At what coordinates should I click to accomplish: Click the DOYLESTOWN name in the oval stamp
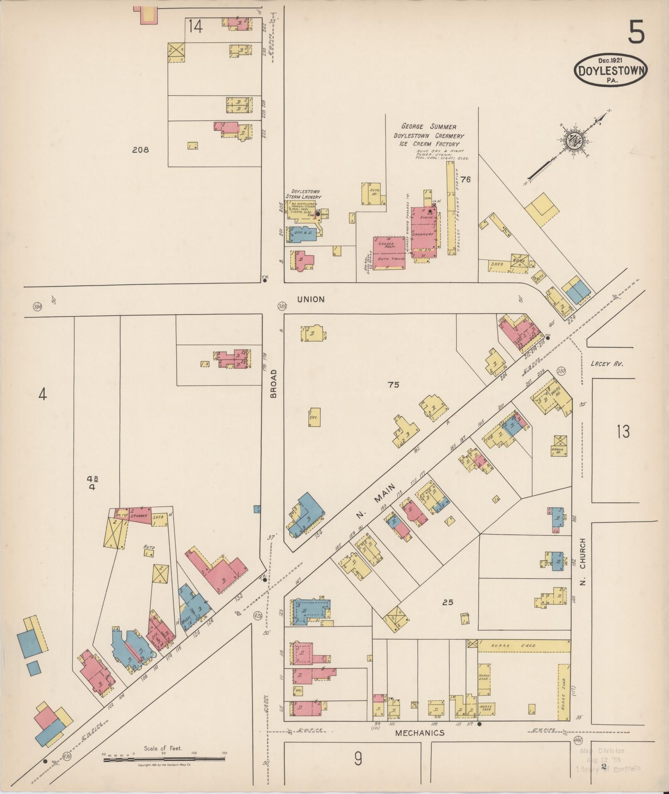click(611, 70)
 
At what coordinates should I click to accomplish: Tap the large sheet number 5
click(636, 32)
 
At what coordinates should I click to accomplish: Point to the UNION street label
click(311, 299)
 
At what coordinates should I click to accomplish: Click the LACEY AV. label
click(607, 364)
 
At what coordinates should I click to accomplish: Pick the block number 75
click(393, 385)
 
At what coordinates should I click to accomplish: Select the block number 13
click(623, 432)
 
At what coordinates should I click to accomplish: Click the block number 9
click(358, 759)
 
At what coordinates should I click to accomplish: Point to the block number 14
click(195, 27)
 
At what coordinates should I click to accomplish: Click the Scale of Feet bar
click(164, 759)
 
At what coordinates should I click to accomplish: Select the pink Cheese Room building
click(389, 253)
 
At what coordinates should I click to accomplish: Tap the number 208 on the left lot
click(140, 150)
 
